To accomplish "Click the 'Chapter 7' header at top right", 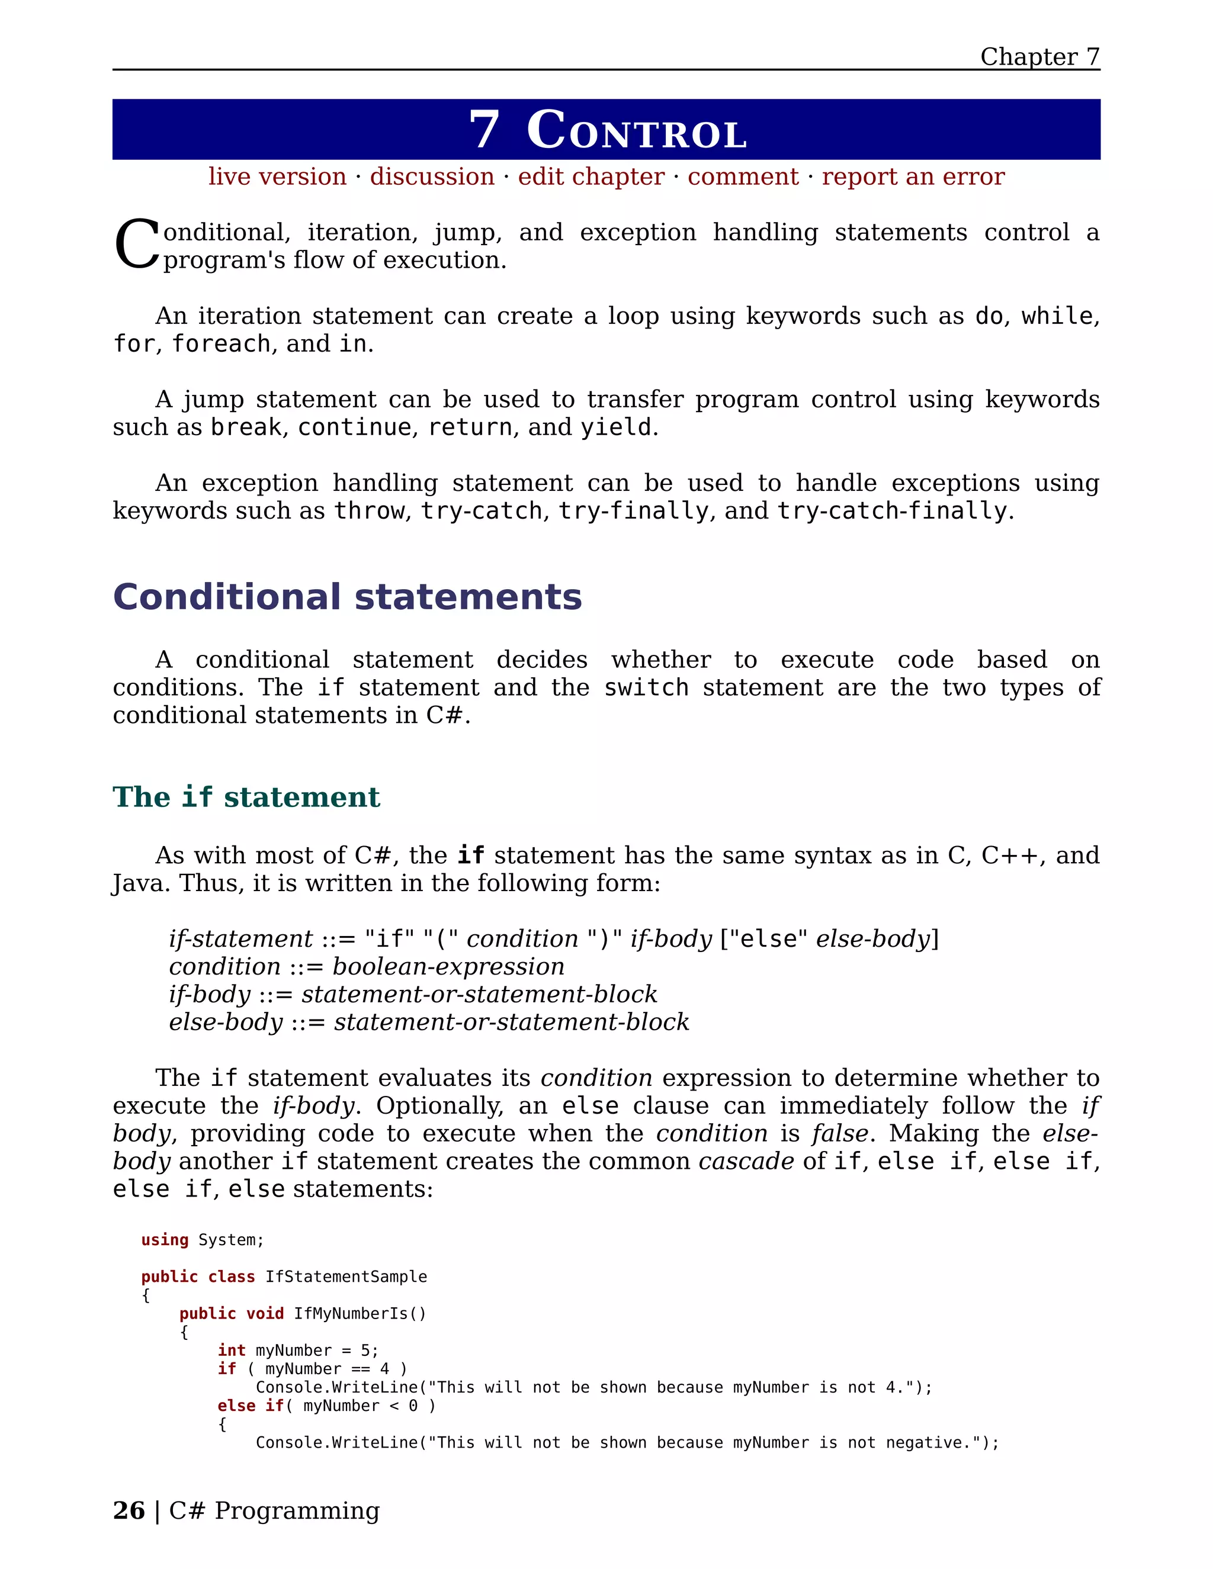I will coord(1039,56).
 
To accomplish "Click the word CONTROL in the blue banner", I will coord(637,131).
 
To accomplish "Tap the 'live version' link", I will coord(277,176).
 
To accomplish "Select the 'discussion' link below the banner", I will coord(432,176).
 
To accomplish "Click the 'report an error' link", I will coord(913,176).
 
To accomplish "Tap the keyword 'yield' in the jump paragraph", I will coord(616,427).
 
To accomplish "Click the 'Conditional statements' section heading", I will coord(347,597).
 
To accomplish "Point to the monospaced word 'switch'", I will coord(646,687).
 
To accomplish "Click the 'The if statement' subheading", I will coord(246,797).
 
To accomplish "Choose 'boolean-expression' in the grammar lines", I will coord(448,966).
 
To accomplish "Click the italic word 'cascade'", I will coord(746,1161).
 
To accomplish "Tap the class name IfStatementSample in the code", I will coord(346,1277).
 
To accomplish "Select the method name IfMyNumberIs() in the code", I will coord(360,1313).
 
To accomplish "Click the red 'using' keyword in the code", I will coord(165,1240).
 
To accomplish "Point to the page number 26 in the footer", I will coord(129,1510).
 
